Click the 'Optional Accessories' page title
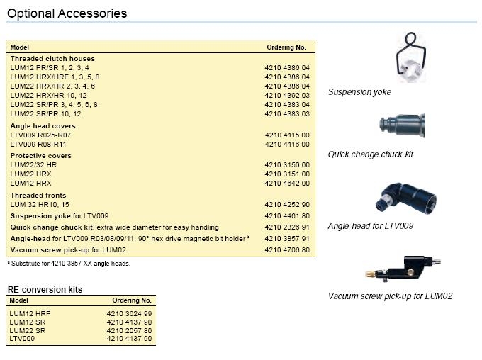(x=67, y=13)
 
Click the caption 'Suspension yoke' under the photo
(x=359, y=92)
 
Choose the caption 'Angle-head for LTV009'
(x=371, y=226)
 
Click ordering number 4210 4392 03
(x=286, y=95)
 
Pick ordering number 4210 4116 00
(x=286, y=145)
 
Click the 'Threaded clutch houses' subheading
(x=52, y=59)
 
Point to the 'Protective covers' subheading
(x=40, y=155)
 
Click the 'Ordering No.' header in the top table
(x=286, y=47)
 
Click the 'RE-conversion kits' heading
(x=45, y=290)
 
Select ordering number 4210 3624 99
(x=129, y=313)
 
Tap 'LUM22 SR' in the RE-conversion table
(x=28, y=330)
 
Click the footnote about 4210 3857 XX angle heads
(x=69, y=264)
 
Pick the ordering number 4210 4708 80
(x=286, y=250)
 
